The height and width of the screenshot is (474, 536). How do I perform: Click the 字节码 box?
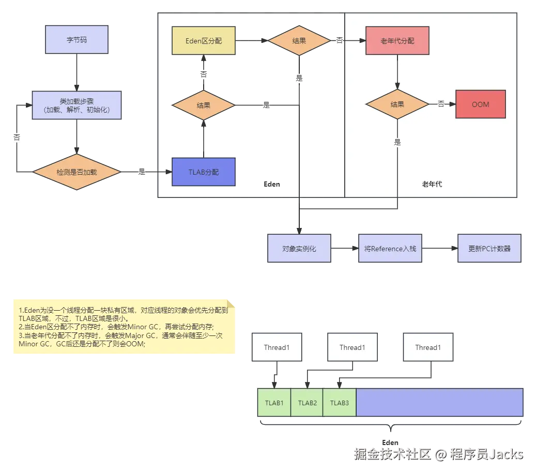point(77,40)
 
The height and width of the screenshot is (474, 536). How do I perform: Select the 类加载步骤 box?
point(77,105)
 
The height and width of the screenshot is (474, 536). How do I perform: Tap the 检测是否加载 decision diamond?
point(76,172)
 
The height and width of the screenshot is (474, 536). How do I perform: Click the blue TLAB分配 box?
point(204,172)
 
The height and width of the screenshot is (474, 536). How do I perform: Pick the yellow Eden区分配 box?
point(204,40)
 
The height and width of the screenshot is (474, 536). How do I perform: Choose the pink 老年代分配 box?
point(397,40)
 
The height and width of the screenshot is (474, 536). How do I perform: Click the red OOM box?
point(480,104)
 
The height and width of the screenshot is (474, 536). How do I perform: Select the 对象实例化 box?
point(299,249)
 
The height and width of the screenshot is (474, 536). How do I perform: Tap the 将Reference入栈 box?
point(390,249)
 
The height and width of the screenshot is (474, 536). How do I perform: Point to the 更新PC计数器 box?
point(489,249)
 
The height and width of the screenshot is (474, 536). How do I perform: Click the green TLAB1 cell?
point(274,403)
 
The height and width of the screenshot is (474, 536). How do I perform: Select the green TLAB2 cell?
point(307,403)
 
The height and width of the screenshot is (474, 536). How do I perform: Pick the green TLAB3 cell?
point(340,403)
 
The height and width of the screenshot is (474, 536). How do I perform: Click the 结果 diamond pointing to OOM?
point(397,104)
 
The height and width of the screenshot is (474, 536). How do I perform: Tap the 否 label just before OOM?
point(441,104)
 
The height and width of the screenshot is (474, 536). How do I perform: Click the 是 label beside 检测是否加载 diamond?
point(142,172)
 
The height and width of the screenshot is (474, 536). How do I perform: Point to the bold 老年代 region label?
point(432,184)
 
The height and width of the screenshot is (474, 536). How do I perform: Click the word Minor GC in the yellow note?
point(174,326)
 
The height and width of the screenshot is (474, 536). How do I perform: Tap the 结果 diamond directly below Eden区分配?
point(204,105)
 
